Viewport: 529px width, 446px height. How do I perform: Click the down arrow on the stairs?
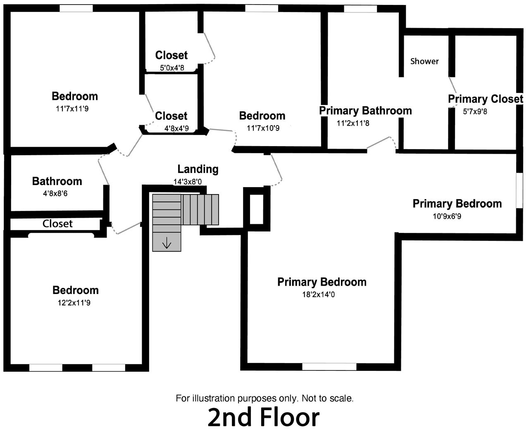[x=167, y=244]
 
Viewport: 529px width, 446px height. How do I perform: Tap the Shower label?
[x=424, y=61]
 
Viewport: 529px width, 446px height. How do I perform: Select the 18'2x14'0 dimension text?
[x=319, y=294]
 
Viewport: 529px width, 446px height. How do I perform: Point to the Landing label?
[x=198, y=169]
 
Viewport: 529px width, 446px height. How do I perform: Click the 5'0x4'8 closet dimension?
[x=172, y=68]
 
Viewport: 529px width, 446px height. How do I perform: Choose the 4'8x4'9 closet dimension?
[x=176, y=128]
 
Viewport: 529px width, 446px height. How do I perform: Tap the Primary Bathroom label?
[x=365, y=111]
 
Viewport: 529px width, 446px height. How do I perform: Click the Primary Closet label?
[x=486, y=99]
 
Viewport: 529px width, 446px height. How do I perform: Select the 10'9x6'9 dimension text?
[x=447, y=216]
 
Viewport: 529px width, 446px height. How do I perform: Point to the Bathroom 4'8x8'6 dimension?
[x=55, y=194]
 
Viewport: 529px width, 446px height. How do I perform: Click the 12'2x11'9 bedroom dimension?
[x=74, y=303]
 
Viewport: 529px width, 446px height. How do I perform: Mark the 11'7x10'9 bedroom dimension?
[x=263, y=128]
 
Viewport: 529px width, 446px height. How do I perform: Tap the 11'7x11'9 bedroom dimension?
[x=72, y=109]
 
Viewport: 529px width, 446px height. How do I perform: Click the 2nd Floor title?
[x=264, y=418]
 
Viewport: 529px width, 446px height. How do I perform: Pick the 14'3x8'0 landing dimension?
[x=188, y=182]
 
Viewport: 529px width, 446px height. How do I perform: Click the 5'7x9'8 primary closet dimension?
[x=475, y=111]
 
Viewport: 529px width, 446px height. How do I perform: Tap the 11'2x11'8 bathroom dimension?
[x=353, y=123]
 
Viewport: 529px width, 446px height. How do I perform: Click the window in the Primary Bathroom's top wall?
[x=360, y=9]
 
